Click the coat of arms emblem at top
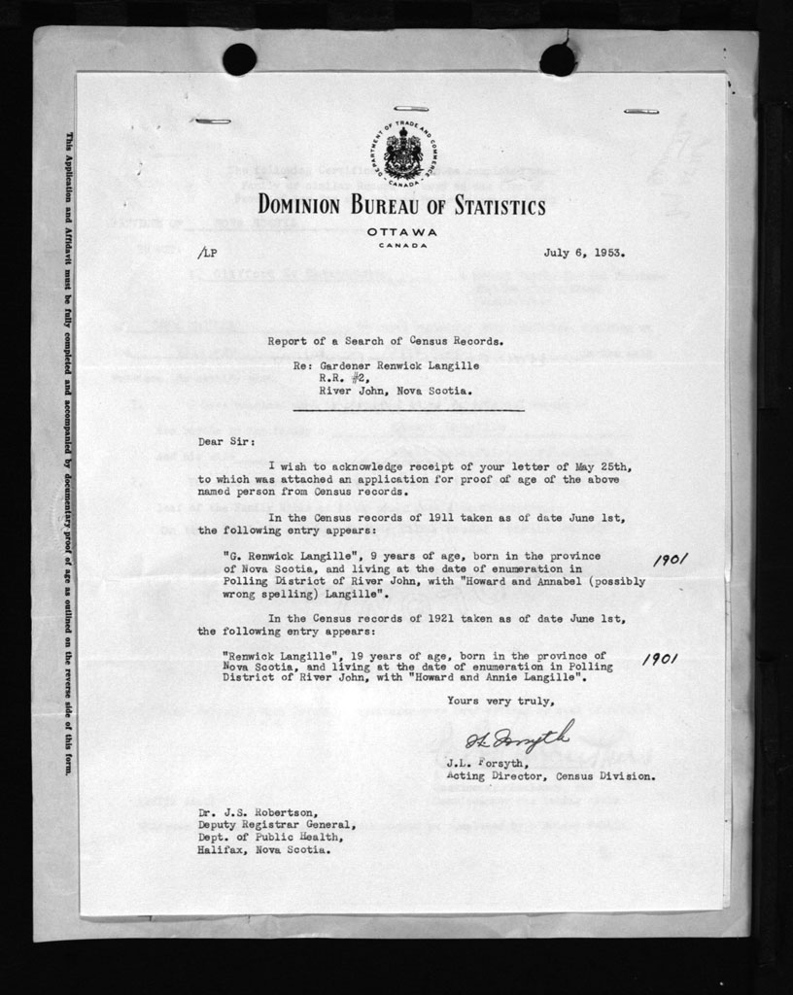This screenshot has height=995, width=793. [x=401, y=154]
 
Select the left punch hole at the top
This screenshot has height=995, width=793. [x=239, y=59]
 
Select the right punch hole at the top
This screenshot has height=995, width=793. [x=558, y=59]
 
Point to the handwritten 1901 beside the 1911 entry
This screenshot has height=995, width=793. [x=671, y=560]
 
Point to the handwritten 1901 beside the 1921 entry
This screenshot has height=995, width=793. [x=660, y=658]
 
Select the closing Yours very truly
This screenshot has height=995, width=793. [x=501, y=701]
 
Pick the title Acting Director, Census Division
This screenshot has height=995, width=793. [x=550, y=776]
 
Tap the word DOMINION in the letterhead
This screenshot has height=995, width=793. [x=299, y=206]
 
